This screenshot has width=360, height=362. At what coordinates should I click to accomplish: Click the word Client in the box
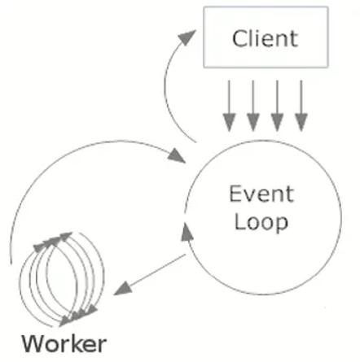(x=266, y=38)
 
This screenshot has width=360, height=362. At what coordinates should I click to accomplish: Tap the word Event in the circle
(x=261, y=194)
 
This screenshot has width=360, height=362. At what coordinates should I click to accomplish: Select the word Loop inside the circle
(x=261, y=223)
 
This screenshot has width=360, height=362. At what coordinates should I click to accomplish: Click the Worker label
(x=64, y=344)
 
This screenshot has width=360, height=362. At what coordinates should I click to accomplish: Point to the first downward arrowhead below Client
(x=229, y=123)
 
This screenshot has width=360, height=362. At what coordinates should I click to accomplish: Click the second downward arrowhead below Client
(x=253, y=123)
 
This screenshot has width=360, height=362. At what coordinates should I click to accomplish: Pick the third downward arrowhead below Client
(x=277, y=123)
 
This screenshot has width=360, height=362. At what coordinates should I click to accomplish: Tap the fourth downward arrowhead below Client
(x=301, y=123)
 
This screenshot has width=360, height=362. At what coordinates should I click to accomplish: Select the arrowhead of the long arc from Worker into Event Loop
(x=177, y=155)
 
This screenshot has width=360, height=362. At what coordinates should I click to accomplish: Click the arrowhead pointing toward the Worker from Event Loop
(x=123, y=289)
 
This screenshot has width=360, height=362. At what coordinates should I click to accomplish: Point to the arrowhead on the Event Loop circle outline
(x=187, y=232)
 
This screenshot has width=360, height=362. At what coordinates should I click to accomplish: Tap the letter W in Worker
(x=33, y=344)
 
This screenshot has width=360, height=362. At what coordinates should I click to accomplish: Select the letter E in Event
(x=235, y=194)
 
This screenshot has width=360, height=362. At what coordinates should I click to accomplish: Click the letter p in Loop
(x=282, y=225)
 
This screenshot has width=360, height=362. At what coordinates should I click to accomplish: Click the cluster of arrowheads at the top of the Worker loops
(x=52, y=241)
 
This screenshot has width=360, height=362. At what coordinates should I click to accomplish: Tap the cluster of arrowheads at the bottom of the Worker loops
(x=78, y=316)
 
